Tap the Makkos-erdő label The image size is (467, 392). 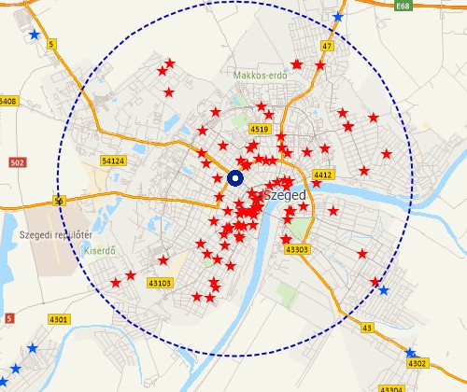coord(259,74)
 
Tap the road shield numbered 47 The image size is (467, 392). coord(327,46)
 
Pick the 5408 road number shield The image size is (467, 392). coord(7,101)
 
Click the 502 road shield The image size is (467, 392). coord(16,163)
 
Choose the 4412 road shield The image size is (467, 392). coord(324,175)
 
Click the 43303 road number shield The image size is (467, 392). coord(296,249)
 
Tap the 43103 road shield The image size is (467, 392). coord(160,283)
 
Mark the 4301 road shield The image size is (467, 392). coord(59,320)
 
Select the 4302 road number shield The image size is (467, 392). coord(417,363)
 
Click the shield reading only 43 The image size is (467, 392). coord(367,328)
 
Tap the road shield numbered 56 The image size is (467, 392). coord(60,201)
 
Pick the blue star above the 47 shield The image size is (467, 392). coord(337,18)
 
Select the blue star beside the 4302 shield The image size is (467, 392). coord(410,353)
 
